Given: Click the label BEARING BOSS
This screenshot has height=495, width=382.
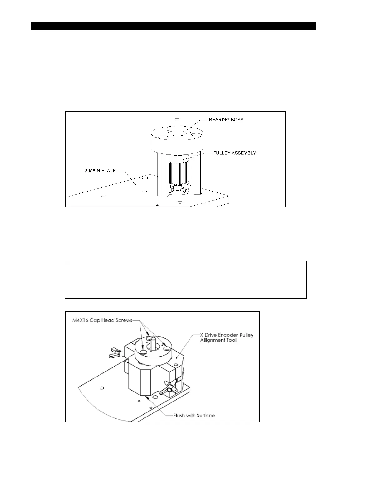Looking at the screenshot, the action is (x=226, y=120).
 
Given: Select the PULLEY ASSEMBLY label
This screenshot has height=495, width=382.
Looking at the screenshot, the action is (x=235, y=153).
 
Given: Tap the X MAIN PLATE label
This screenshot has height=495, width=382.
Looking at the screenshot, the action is (x=100, y=171).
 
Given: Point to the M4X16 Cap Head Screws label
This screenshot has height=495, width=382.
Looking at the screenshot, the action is (x=100, y=320).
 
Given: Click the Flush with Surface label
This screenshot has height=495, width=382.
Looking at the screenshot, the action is (x=194, y=416).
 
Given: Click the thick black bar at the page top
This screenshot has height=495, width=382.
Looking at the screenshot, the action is (x=173, y=26).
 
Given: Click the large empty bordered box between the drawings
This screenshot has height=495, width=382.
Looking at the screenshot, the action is (x=186, y=280).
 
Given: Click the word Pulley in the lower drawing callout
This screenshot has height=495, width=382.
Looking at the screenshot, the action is (x=246, y=335).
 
